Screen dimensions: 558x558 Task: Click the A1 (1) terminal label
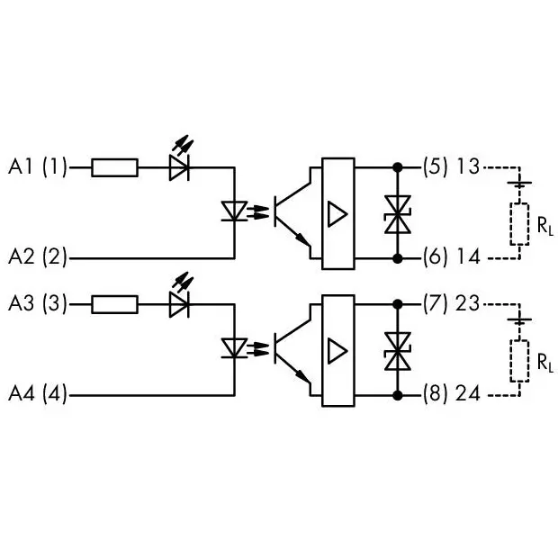38,166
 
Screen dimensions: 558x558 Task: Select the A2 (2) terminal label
38,256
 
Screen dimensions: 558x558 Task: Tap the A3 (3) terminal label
38,304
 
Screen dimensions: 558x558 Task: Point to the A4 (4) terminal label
38,394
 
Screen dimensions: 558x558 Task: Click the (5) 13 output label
451,166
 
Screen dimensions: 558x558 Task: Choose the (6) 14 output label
451,256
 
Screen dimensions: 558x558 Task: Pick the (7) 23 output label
451,303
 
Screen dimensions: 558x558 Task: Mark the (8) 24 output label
451,393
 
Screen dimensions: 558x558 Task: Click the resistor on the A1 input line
114,167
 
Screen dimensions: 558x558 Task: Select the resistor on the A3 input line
114,304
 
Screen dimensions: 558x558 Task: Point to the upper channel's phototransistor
292,211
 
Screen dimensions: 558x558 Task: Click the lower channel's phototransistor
292,349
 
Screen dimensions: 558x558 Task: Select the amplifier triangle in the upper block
337,214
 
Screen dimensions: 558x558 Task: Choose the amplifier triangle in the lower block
337,351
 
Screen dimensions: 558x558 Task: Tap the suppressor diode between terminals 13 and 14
398,214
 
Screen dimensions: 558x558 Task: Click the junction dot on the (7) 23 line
398,304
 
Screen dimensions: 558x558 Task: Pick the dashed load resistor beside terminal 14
519,224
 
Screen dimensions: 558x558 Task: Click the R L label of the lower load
545,363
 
